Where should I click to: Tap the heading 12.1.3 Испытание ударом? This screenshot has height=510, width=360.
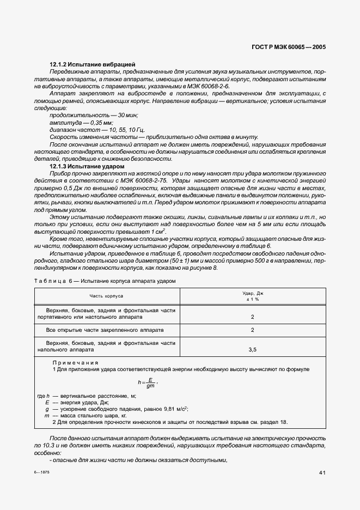[87, 166]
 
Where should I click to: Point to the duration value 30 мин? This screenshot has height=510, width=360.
[126, 115]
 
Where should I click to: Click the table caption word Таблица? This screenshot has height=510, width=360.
[48, 281]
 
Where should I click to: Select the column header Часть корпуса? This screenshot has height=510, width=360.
[107, 296]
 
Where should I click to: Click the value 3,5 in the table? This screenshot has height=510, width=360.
[253, 350]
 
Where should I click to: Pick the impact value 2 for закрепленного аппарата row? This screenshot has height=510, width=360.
[253, 330]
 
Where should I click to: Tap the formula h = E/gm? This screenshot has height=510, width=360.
[147, 384]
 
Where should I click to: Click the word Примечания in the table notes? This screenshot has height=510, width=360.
[75, 362]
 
